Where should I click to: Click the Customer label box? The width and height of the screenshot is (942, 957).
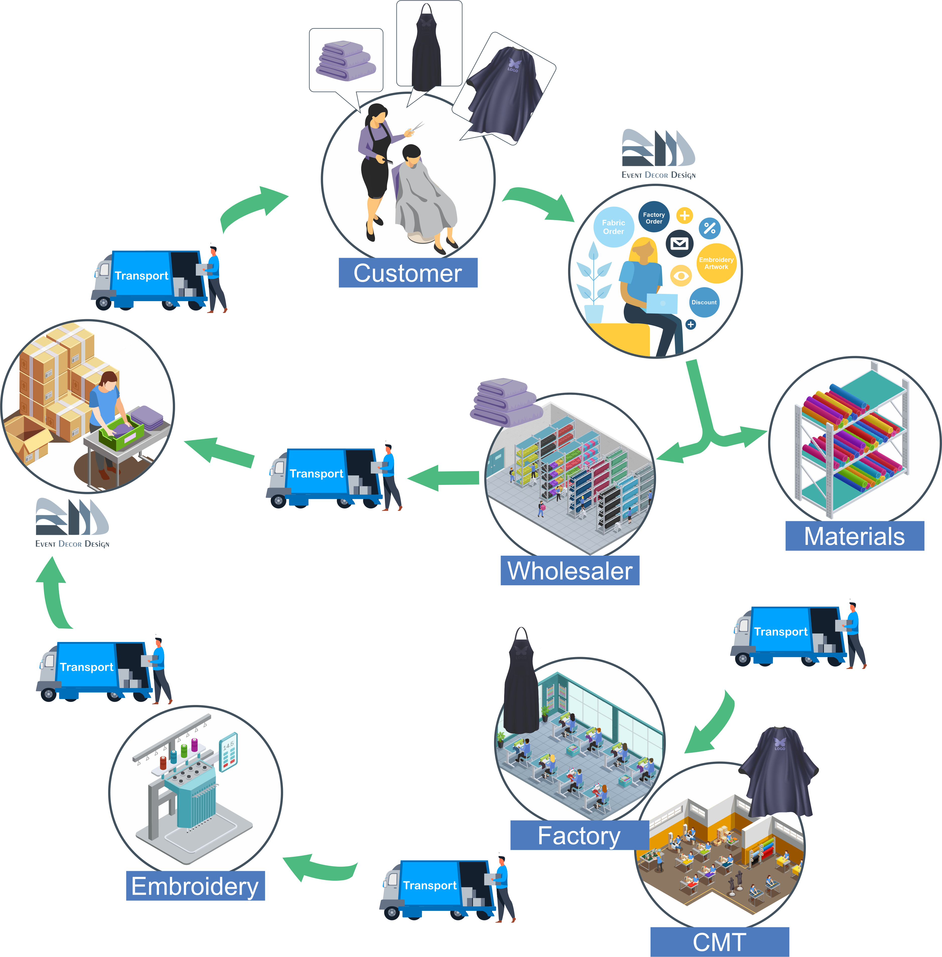pos(408,273)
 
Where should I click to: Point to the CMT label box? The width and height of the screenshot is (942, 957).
pos(719,942)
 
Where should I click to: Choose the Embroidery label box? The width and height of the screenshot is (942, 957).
pos(195,886)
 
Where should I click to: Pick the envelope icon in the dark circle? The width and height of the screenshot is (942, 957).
pos(679,243)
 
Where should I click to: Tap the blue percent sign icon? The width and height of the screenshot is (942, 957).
pos(710,228)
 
